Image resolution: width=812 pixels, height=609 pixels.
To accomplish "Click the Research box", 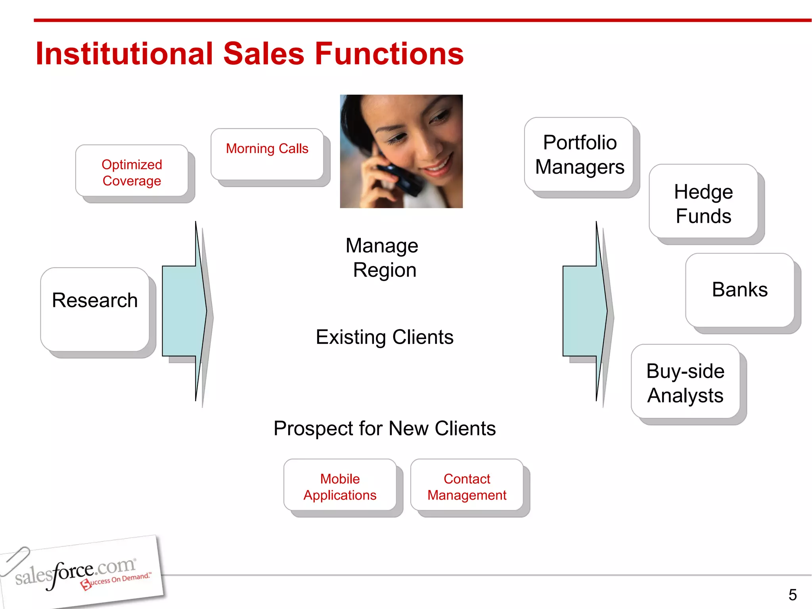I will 95,309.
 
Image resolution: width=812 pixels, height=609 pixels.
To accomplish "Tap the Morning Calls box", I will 267,154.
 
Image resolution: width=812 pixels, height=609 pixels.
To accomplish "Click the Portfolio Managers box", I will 579,154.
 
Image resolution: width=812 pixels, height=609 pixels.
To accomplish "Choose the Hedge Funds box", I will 703,202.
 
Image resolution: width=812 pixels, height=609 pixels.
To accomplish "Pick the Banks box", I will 740,290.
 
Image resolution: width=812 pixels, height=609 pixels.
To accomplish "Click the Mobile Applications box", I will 340,486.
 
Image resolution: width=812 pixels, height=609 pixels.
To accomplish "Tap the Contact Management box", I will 467,486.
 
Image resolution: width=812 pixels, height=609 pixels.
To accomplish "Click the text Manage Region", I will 383,258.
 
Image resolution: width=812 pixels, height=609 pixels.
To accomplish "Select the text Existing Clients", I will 384,337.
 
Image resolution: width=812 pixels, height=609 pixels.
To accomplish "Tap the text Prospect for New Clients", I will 384,429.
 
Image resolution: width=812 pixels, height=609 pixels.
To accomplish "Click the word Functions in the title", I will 389,54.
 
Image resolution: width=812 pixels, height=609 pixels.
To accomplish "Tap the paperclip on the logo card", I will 15,560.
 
